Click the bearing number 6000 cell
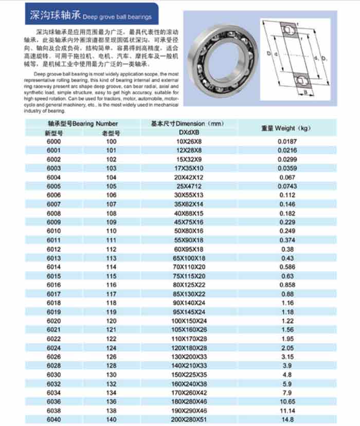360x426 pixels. [x=53, y=141]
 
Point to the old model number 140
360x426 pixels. [x=112, y=419]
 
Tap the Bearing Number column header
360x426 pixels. [x=83, y=124]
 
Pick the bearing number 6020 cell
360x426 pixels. [x=53, y=320]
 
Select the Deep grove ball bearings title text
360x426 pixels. [x=117, y=17]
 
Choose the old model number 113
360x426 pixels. [x=112, y=257]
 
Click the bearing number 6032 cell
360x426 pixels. [x=53, y=383]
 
